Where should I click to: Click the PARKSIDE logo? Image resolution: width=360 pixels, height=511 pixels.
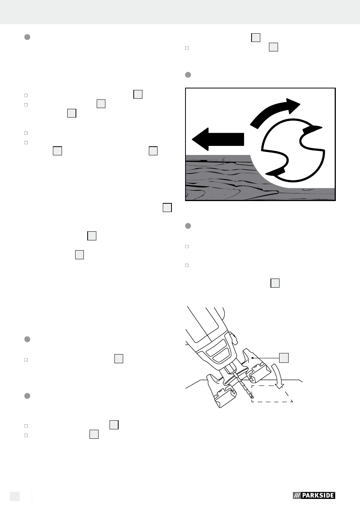(x=314, y=495)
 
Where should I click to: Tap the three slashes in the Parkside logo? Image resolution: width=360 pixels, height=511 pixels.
(x=297, y=496)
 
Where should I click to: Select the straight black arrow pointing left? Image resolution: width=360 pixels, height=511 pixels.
(x=218, y=139)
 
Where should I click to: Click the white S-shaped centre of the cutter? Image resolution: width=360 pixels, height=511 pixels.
(x=293, y=150)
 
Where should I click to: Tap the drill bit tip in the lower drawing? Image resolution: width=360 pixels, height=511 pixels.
(x=252, y=397)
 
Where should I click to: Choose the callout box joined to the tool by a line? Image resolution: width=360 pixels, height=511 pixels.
(x=284, y=358)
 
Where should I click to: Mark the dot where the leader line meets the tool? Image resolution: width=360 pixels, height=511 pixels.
(x=252, y=358)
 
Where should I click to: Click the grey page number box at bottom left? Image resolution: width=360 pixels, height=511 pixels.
(x=15, y=496)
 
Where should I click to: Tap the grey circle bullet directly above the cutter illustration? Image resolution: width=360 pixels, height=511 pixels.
(x=188, y=75)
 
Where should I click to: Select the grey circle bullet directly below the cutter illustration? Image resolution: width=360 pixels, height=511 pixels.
(x=188, y=226)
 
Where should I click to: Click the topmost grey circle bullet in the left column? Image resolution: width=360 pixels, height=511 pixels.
(x=27, y=37)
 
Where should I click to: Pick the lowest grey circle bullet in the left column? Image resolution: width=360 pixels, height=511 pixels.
(x=27, y=396)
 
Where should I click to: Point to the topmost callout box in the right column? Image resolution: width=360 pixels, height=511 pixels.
(x=256, y=38)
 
